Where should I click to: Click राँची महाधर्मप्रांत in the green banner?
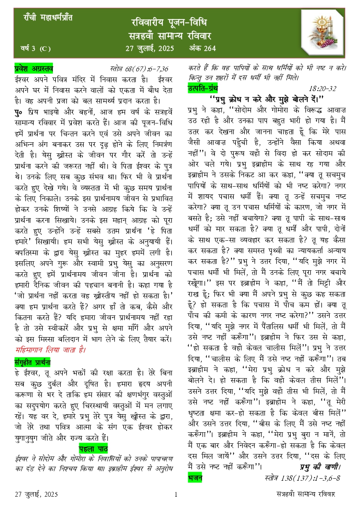(x=48, y=17)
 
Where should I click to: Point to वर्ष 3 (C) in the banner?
(x=35, y=49)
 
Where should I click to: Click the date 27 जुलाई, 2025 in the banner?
(x=149, y=48)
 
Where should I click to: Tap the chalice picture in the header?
(x=321, y=35)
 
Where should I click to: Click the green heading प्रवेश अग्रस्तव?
(x=34, y=68)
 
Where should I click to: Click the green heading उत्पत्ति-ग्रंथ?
(x=203, y=88)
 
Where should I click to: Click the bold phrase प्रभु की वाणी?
(x=320, y=466)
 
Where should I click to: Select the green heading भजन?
(x=195, y=478)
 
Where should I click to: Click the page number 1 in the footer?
(x=175, y=494)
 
